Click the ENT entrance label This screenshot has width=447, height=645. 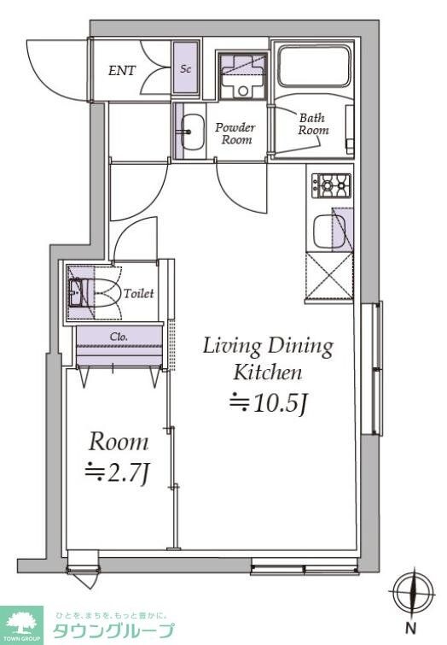coord(122,71)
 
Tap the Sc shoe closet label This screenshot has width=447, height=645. coord(186,68)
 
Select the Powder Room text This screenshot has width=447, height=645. coord(235,133)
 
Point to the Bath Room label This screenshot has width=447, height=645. coord(313,124)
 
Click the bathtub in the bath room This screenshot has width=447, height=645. coord(316,66)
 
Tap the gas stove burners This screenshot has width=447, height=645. coord(331,186)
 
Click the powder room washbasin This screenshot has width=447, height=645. coord(192,132)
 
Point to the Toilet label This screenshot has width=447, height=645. coord(139,293)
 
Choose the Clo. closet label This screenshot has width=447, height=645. coord(119,337)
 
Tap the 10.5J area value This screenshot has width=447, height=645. coord(268,403)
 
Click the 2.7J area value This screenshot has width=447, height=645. coord(116,474)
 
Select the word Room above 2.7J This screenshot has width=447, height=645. coord(119,442)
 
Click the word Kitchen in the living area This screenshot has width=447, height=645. coord(268,372)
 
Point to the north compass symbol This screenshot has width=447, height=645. coord(412,593)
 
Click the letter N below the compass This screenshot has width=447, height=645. coord(411,629)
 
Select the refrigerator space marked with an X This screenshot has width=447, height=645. coord(329,275)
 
